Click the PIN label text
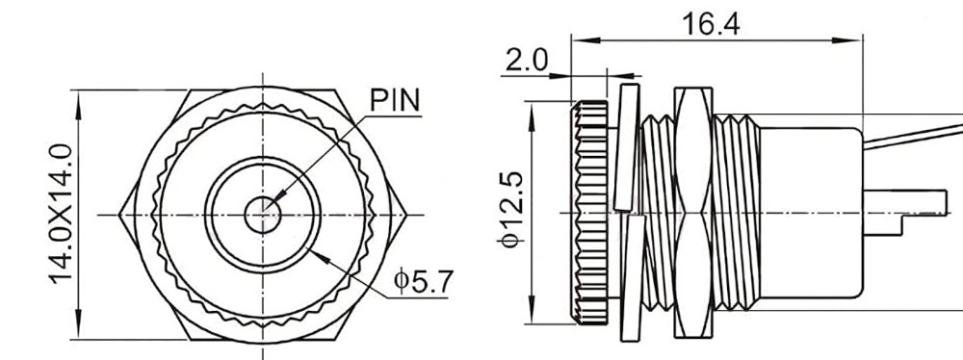pyautogui.click(x=396, y=100)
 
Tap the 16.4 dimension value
pyautogui.click(x=711, y=25)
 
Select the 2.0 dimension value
pyautogui.click(x=526, y=61)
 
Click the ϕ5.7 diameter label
pyautogui.click(x=424, y=281)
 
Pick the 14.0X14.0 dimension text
pyautogui.click(x=61, y=214)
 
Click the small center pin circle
pyautogui.click(x=263, y=215)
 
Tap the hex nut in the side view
pyautogui.click(x=693, y=213)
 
